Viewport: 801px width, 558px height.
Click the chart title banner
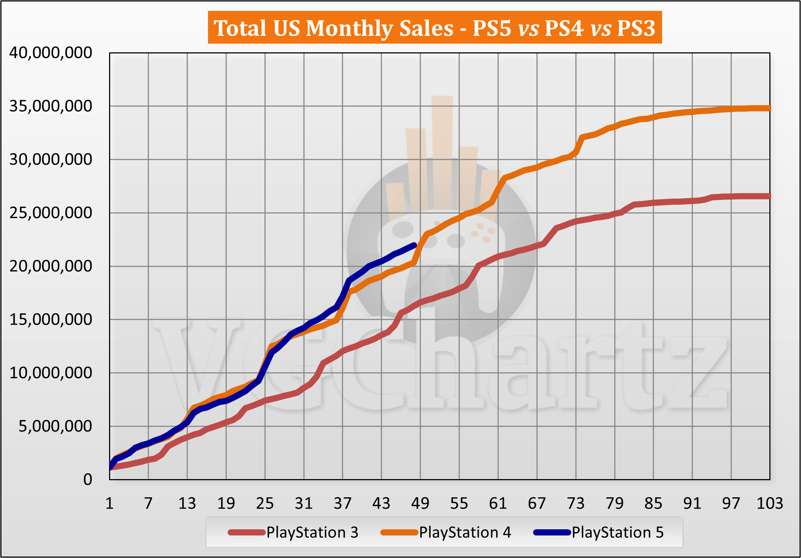pyautogui.click(x=434, y=28)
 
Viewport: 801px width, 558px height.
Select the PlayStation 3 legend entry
pyautogui.click(x=293, y=533)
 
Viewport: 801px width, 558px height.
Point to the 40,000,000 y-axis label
pyautogui.click(x=51, y=53)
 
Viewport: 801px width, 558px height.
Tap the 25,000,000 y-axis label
pyautogui.click(x=51, y=213)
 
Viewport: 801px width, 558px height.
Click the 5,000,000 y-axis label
pyautogui.click(x=55, y=426)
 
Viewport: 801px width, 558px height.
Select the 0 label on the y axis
pyautogui.click(x=88, y=480)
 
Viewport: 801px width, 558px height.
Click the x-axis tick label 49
pyautogui.click(x=420, y=503)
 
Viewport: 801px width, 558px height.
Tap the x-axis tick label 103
pyautogui.click(x=769, y=503)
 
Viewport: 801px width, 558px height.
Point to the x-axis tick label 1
pyautogui.click(x=109, y=503)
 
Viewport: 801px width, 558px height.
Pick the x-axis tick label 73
pyautogui.click(x=576, y=503)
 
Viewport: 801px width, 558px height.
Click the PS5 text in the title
pyautogui.click(x=492, y=28)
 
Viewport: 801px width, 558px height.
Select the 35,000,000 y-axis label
pyautogui.click(x=51, y=107)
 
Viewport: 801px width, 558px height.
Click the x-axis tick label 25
pyautogui.click(x=265, y=503)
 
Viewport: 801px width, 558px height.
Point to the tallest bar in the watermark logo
pyautogui.click(x=442, y=153)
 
